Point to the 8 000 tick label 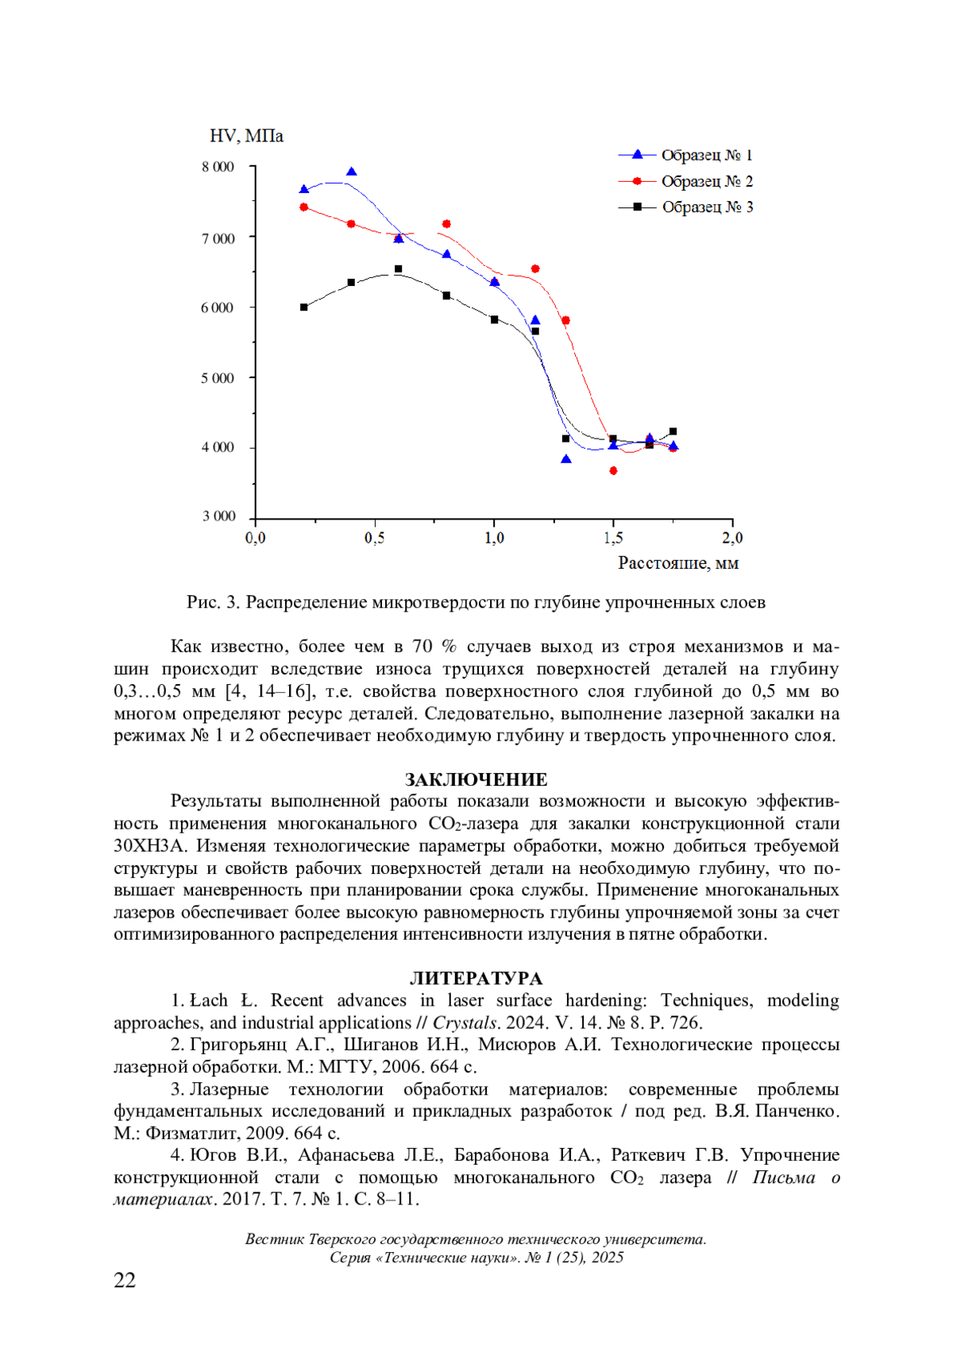pos(218,167)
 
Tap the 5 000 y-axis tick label pos(218,378)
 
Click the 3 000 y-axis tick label pos(218,516)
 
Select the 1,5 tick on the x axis pos(613,539)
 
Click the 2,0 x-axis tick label pos(732,539)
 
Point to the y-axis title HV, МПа pos(246,137)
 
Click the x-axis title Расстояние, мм pos(678,563)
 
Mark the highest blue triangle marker pos(352,172)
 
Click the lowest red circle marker pos(613,471)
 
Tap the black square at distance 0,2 pos(304,307)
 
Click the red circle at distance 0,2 pos(304,207)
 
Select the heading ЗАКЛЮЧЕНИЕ pos(476,779)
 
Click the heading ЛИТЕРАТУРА pos(476,978)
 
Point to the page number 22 pos(125,1280)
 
